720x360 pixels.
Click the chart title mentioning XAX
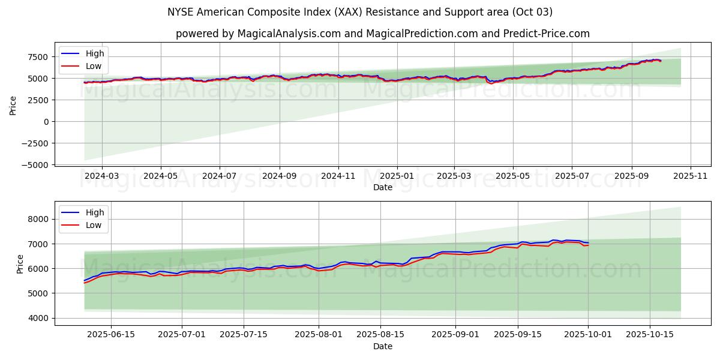pyautogui.click(x=360, y=12)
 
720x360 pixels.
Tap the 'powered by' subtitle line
pyautogui.click(x=382, y=34)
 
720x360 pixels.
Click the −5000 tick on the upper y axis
pyautogui.click(x=35, y=164)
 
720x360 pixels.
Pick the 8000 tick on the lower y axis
pyautogui.click(x=38, y=220)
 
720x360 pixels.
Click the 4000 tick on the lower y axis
pyautogui.click(x=38, y=318)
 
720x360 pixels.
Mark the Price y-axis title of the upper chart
pyautogui.click(x=13, y=104)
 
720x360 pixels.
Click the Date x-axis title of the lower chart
pyautogui.click(x=382, y=347)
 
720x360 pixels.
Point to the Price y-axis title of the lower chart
pyautogui.click(x=20, y=263)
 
